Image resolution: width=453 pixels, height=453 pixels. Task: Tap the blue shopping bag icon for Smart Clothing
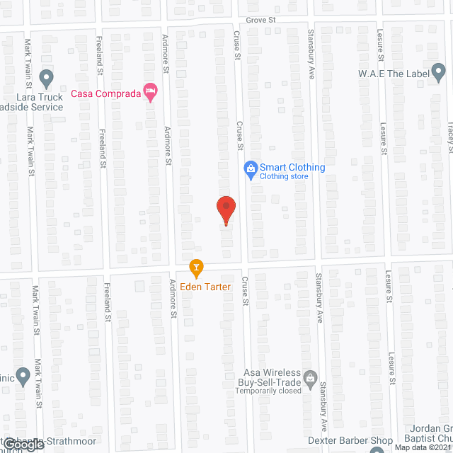click(x=249, y=168)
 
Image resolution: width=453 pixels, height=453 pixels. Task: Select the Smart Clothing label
click(x=292, y=168)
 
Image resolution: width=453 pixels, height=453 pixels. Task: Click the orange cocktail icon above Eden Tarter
click(x=196, y=268)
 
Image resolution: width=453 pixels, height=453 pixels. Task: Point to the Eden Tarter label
click(x=205, y=287)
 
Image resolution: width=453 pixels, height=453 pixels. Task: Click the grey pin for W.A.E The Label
click(x=438, y=71)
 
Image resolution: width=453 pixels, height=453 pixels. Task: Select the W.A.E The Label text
click(x=392, y=74)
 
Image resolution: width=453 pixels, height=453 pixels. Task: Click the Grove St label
click(x=260, y=21)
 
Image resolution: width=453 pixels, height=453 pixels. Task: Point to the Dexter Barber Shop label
click(x=350, y=441)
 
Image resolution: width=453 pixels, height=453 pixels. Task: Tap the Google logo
click(x=22, y=444)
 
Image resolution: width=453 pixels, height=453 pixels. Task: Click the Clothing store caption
click(x=284, y=176)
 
